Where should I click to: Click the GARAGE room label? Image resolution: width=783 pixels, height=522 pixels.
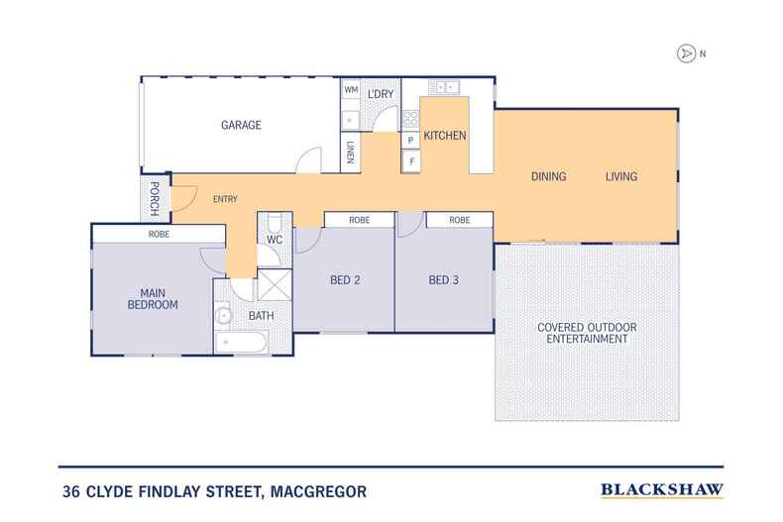[240, 126]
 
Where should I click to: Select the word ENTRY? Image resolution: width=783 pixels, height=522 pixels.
[225, 199]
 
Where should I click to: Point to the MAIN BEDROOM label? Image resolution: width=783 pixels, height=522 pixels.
[152, 298]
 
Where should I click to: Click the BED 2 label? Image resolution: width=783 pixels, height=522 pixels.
[344, 280]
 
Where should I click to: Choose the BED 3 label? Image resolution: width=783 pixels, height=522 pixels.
[443, 280]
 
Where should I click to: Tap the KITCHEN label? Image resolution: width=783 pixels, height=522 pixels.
[445, 136]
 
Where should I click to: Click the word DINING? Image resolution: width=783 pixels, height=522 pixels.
[548, 177]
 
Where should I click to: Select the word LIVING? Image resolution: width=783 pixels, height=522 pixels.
[621, 177]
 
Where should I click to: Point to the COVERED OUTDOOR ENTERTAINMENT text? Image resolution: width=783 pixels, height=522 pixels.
[587, 333]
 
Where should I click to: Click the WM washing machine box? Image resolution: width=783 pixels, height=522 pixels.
[351, 91]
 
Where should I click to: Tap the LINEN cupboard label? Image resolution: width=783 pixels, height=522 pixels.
[351, 152]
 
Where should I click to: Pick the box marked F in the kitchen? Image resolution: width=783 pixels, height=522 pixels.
[411, 160]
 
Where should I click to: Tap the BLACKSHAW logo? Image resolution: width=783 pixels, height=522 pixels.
[662, 488]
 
